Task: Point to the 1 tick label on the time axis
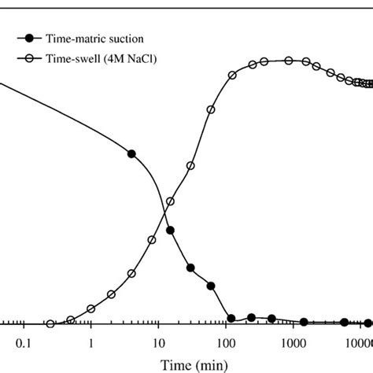click(91, 343)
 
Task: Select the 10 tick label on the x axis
click(158, 343)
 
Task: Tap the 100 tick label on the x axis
click(226, 343)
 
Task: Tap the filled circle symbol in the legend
click(30, 37)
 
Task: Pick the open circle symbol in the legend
click(30, 56)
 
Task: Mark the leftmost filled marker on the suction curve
click(131, 153)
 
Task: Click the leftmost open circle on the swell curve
click(50, 323)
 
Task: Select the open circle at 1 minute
click(91, 308)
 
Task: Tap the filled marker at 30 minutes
click(190, 269)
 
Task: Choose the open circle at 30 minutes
click(190, 166)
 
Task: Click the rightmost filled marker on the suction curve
click(367, 323)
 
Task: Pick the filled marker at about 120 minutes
click(231, 319)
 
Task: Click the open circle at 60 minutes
click(210, 111)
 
